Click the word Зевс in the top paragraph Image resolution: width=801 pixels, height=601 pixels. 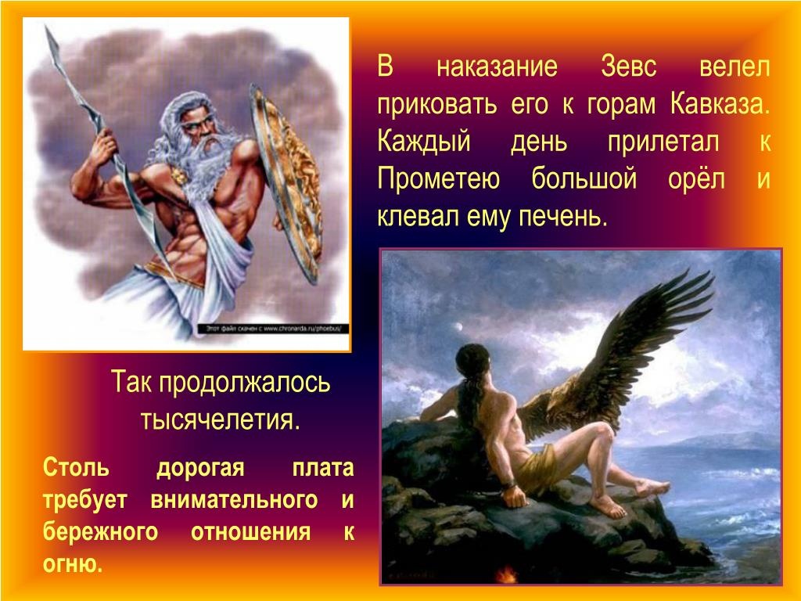coord(628,67)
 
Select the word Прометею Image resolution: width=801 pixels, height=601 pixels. coord(438,179)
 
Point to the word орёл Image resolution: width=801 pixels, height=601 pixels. coord(696,178)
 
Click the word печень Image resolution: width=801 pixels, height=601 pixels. coord(563,216)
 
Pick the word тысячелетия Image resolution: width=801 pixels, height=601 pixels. coord(220,419)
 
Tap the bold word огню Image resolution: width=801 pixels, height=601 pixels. coord(73,564)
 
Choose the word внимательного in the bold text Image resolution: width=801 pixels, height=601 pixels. coord(234,499)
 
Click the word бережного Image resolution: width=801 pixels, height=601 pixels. coord(101,532)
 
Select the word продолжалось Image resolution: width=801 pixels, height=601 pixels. coord(244,382)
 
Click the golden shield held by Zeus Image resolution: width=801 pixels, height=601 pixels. coord(289,183)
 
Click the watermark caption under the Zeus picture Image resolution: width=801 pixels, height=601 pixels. coord(273,329)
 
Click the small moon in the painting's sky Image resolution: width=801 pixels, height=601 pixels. coord(458,327)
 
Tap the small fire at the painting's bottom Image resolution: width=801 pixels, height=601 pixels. coord(506,574)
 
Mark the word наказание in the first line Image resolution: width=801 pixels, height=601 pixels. coord(497,67)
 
